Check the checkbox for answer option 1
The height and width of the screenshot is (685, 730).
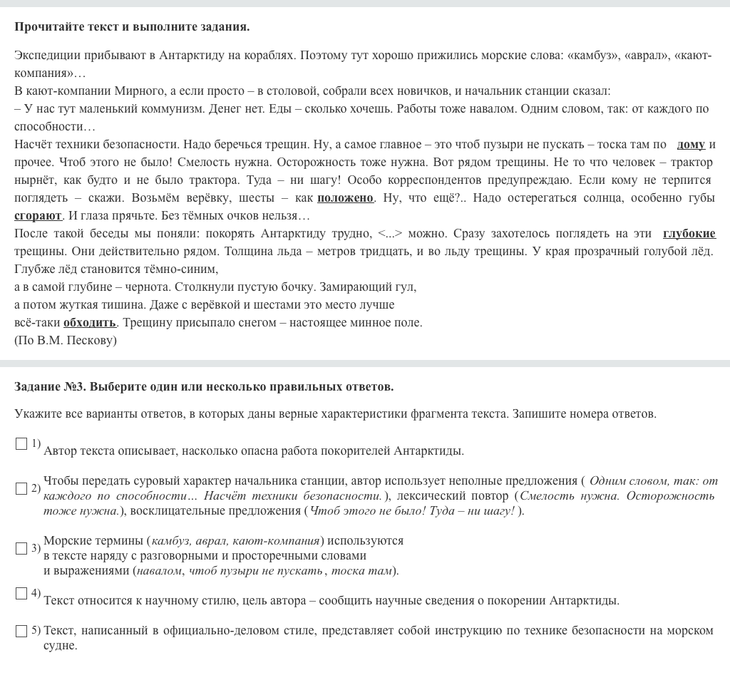[x=21, y=444]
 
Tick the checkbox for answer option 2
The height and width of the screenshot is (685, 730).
[x=21, y=489]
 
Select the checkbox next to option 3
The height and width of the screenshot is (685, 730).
[x=21, y=549]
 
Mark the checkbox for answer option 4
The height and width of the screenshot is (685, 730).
[x=21, y=594]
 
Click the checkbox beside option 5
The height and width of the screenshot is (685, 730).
[x=21, y=631]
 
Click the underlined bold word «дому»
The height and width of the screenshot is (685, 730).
[x=691, y=145]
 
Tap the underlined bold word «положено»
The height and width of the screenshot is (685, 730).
[x=345, y=198]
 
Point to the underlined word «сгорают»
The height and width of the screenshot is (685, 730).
[x=38, y=216]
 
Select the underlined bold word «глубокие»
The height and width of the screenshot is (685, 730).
[x=689, y=234]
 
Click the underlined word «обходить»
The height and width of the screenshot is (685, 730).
[x=90, y=323]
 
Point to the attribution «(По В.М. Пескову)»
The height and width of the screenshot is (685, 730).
[x=66, y=341]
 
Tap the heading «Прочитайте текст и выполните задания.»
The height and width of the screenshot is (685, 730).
[x=132, y=27]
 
